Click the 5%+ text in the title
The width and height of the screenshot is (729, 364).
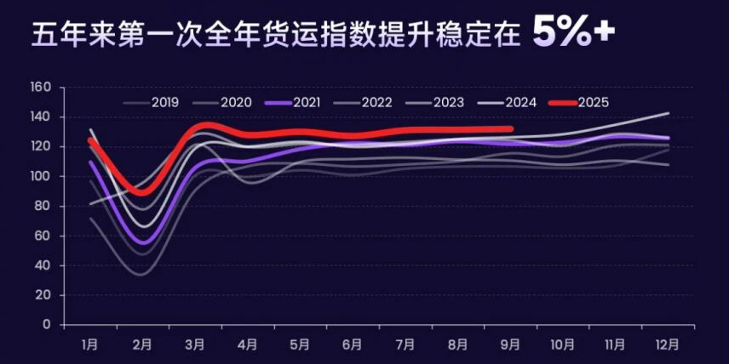[573, 31]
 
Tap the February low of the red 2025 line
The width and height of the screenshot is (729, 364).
[141, 192]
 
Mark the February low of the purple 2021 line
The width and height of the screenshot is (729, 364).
[142, 243]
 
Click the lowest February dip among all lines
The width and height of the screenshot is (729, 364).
[141, 274]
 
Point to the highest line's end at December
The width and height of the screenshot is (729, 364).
[669, 113]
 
